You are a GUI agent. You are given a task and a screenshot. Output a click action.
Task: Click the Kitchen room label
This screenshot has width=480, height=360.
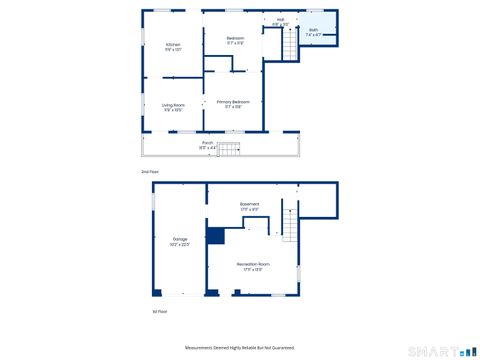click(x=173, y=46)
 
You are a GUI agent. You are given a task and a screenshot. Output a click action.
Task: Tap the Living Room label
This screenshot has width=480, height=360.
click(x=173, y=105)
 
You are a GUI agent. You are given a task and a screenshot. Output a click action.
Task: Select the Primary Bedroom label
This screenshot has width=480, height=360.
click(x=233, y=101)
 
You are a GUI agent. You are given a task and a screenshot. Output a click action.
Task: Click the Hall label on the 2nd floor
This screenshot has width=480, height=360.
click(x=281, y=19)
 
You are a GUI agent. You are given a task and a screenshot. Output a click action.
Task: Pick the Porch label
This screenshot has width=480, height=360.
click(x=208, y=142)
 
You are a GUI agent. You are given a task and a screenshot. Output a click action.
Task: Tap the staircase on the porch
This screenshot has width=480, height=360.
click(x=231, y=150)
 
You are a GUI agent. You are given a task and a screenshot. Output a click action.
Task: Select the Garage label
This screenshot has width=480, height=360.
click(x=180, y=239)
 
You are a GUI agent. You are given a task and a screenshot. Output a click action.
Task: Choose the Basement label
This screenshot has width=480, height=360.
click(x=250, y=204)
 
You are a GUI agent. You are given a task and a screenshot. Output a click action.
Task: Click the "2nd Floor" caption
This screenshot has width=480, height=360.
click(x=150, y=172)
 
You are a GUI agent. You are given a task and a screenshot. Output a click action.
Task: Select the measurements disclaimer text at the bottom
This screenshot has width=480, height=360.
click(x=240, y=348)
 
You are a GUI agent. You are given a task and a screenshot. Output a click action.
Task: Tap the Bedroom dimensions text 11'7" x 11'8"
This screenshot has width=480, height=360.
click(x=235, y=43)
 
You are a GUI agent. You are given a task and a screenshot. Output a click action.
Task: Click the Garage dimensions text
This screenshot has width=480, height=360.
click(x=180, y=244)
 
